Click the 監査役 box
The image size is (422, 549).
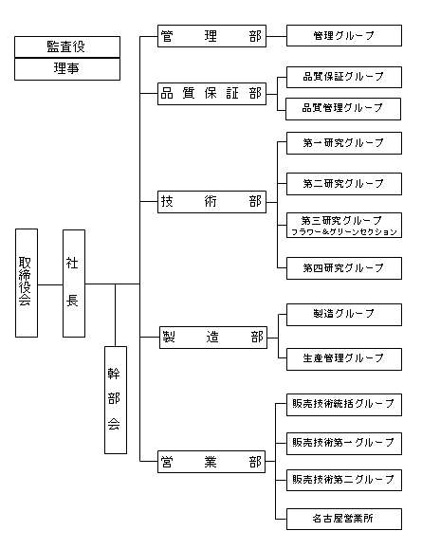point(67,46)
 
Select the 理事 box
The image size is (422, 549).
point(67,69)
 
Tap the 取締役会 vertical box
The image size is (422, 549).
point(27,283)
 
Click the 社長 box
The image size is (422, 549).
point(74,284)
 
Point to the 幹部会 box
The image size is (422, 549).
point(116,400)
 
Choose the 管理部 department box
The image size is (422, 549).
point(211,36)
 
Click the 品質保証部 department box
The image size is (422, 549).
point(211,94)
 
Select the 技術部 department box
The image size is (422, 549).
point(211,202)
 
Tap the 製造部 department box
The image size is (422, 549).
point(213,338)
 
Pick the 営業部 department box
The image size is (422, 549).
point(211,462)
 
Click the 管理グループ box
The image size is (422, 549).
point(344,35)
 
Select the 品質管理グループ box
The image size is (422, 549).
point(343,109)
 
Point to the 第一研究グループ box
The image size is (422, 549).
point(344,143)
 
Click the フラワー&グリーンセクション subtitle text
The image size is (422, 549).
point(344,231)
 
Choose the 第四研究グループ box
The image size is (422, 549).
point(344,268)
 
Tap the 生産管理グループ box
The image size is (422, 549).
point(344,359)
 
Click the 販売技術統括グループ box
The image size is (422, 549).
point(344,405)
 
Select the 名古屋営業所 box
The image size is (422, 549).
point(344,519)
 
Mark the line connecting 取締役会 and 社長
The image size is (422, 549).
point(50,284)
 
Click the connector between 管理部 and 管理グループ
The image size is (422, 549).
point(276,36)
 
